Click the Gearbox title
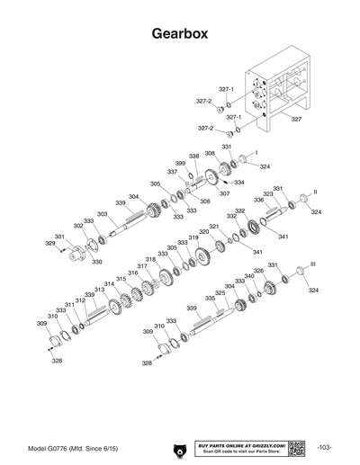pyautogui.click(x=180, y=34)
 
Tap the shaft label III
pyautogui.click(x=312, y=263)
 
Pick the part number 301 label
pyautogui.click(x=59, y=236)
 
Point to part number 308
pyautogui.click(x=210, y=154)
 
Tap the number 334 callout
pyautogui.click(x=239, y=183)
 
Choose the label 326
pyautogui.click(x=258, y=271)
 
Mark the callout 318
pyautogui.click(x=151, y=259)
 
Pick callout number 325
pyautogui.click(x=220, y=293)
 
